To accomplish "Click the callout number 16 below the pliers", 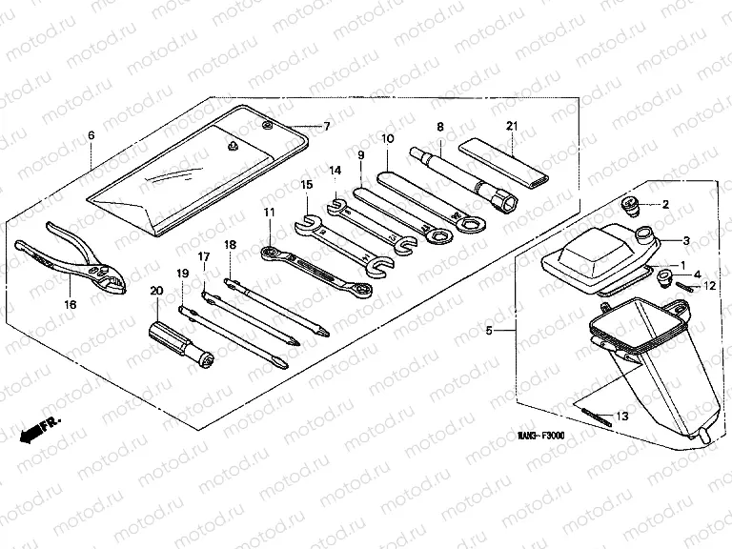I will pyautogui.click(x=70, y=304).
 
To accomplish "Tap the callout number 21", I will pyautogui.click(x=512, y=127).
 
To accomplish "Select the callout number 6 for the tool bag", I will pyautogui.click(x=91, y=135).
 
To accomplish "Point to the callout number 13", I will pyautogui.click(x=622, y=416).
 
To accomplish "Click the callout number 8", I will pyautogui.click(x=440, y=127).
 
